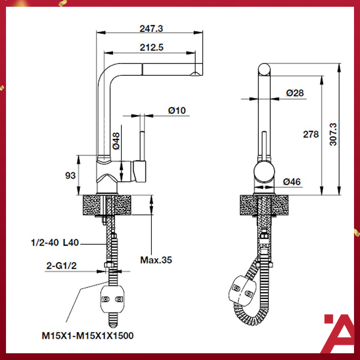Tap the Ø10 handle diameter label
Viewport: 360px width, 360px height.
coord(177,111)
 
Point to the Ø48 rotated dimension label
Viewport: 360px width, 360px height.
coord(116,141)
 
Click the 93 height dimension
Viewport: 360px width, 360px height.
coord(70,175)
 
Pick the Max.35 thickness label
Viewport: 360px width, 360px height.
coord(156,259)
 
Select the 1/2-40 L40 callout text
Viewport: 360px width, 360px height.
coord(54,243)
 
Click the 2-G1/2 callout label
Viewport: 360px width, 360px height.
coord(62,266)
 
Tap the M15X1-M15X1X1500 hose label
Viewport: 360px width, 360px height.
coord(87,336)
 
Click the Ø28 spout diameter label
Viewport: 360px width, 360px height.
coord(295,93)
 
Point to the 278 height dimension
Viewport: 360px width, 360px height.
coord(311,134)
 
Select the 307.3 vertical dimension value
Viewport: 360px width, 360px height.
coord(332,134)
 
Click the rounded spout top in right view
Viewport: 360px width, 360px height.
coord(264,70)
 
